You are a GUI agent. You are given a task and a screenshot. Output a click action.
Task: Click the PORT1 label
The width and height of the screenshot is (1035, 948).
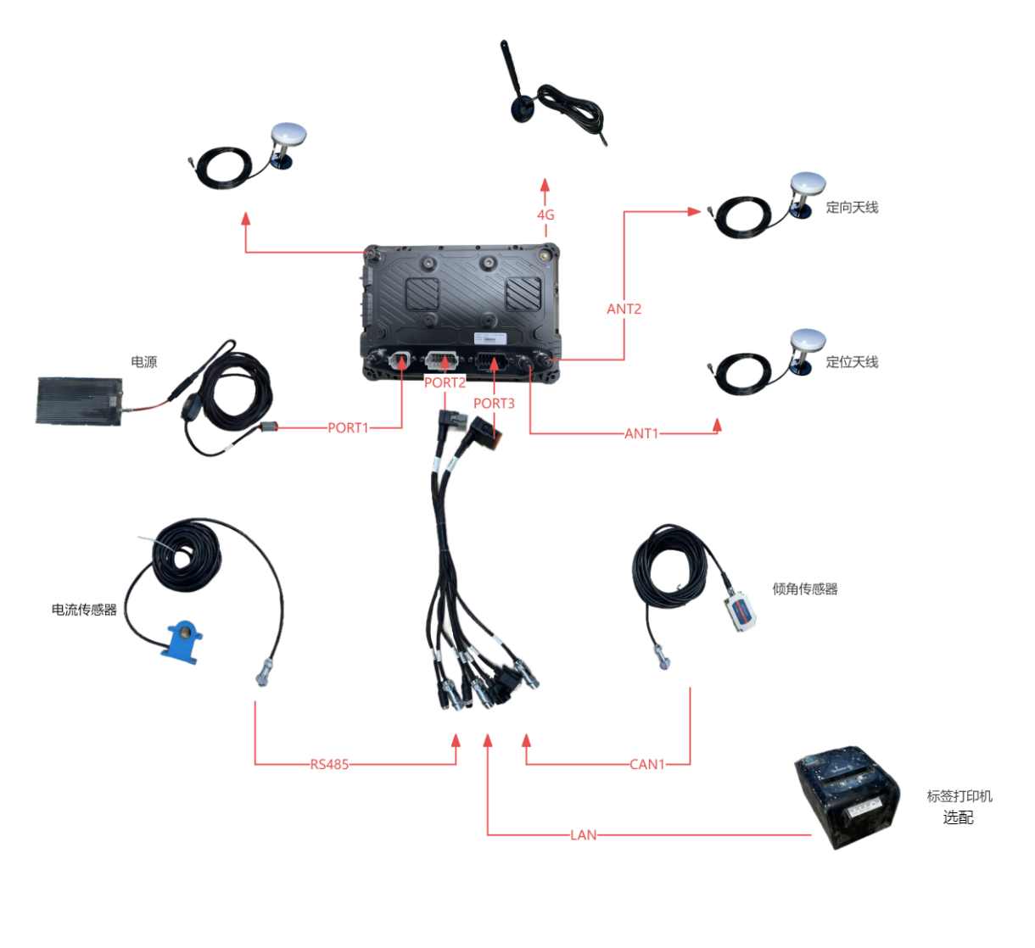pyautogui.click(x=349, y=428)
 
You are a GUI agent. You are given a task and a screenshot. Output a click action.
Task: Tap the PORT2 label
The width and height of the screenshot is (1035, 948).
pyautogui.click(x=445, y=383)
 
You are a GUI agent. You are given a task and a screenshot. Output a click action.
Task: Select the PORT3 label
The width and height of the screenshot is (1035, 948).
pyautogui.click(x=494, y=404)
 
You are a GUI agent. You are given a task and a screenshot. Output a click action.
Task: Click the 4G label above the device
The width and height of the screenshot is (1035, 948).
pyautogui.click(x=545, y=215)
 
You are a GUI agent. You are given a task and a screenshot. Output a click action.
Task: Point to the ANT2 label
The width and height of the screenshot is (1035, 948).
pyautogui.click(x=624, y=309)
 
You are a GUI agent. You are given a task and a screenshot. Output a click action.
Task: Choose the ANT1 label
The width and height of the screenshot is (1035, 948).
pyautogui.click(x=642, y=434)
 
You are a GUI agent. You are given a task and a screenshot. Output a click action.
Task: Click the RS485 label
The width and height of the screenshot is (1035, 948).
pyautogui.click(x=329, y=765)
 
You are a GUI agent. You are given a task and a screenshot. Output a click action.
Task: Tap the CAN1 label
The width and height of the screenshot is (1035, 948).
pyautogui.click(x=647, y=765)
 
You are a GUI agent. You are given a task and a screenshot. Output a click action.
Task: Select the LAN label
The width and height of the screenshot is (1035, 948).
pyautogui.click(x=584, y=835)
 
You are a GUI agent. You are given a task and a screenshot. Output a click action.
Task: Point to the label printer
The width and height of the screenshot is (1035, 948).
pyautogui.click(x=845, y=797)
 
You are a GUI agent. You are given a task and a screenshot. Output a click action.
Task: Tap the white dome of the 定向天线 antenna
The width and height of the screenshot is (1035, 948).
pyautogui.click(x=807, y=184)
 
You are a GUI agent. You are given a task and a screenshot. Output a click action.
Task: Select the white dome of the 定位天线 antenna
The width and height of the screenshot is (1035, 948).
pyautogui.click(x=807, y=340)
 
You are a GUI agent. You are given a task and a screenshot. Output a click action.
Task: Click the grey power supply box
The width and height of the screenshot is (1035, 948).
pyautogui.click(x=79, y=399)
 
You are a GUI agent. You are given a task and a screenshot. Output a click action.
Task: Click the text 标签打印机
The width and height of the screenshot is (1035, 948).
pyautogui.click(x=959, y=797)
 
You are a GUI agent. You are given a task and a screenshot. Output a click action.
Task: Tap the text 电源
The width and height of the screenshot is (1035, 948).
pyautogui.click(x=143, y=362)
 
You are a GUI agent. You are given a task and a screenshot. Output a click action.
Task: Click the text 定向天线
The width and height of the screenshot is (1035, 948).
pyautogui.click(x=852, y=208)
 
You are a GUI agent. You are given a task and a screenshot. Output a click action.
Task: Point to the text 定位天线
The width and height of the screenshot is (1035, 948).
pyautogui.click(x=852, y=363)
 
